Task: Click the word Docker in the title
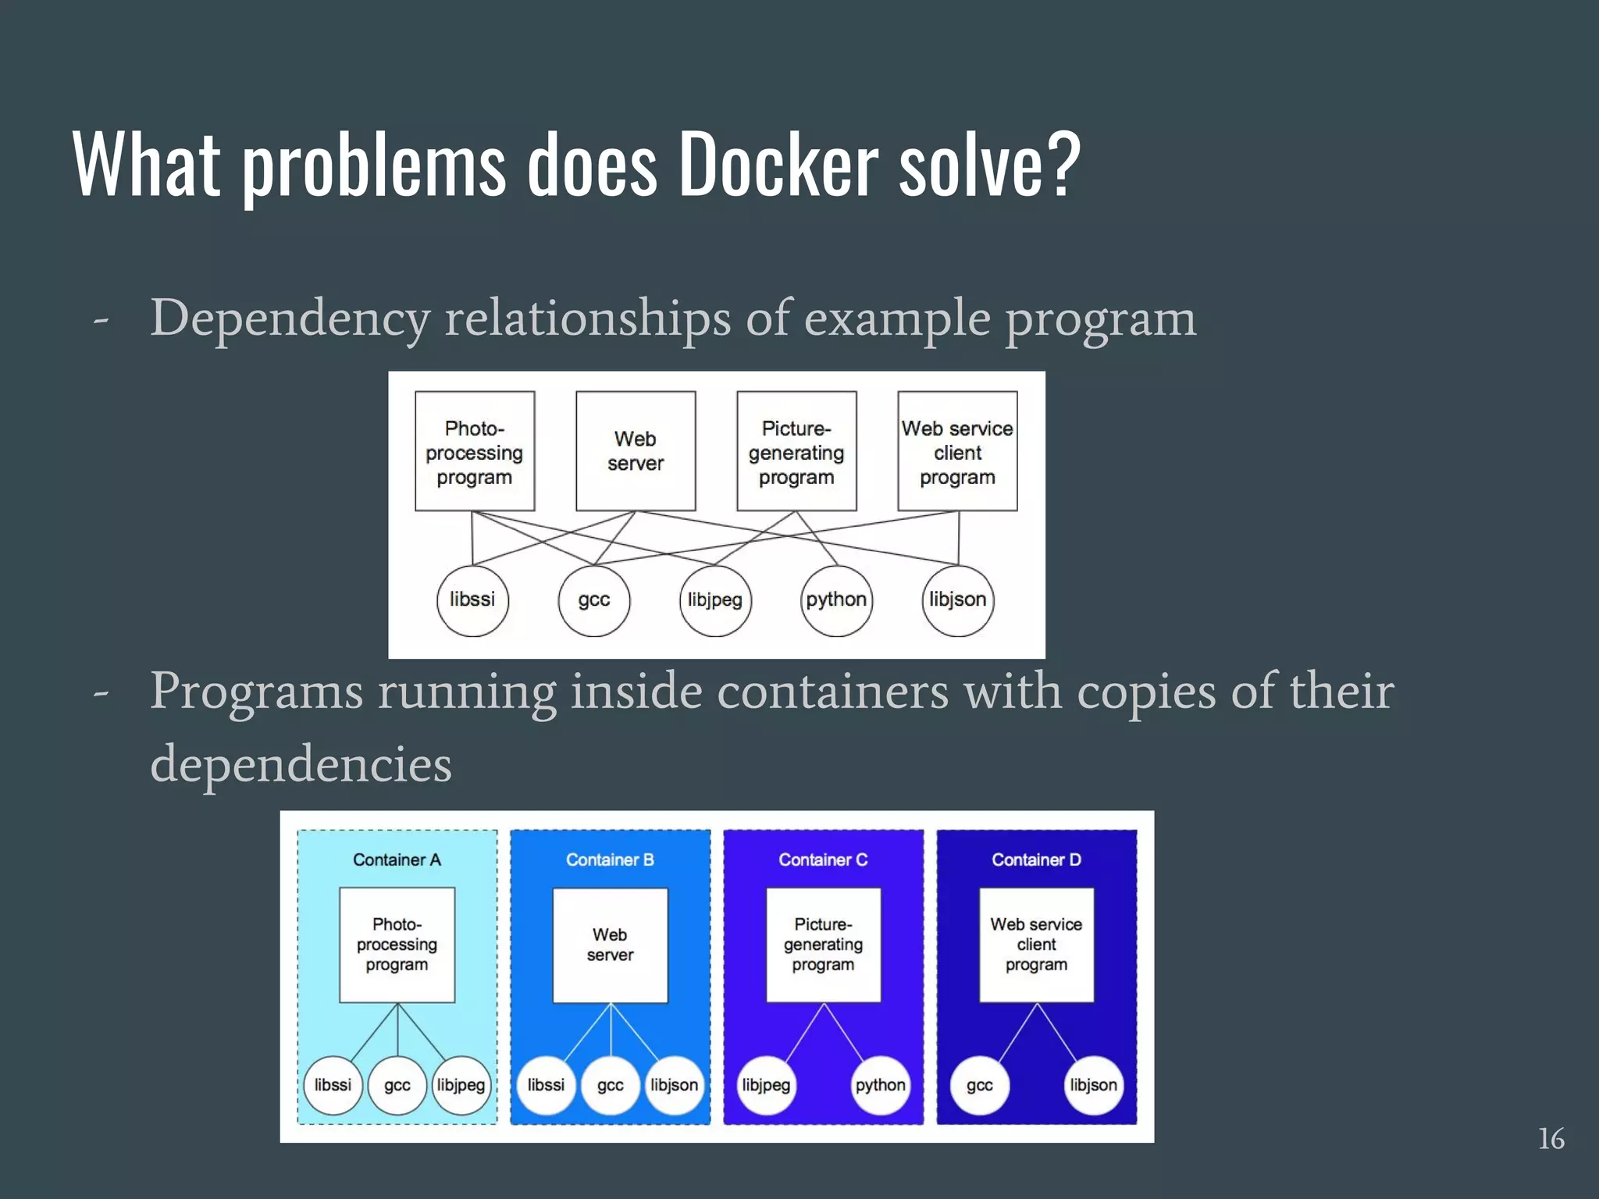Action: point(778,165)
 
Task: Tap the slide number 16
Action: point(1551,1139)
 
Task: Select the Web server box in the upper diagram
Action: point(636,451)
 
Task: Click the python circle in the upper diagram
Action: point(836,600)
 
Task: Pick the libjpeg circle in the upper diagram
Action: point(715,600)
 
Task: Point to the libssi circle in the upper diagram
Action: point(472,600)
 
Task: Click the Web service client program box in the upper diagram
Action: point(957,451)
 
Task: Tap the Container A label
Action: point(397,859)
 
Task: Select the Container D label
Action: point(1036,859)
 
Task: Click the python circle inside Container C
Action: point(880,1085)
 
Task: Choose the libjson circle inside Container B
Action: point(674,1085)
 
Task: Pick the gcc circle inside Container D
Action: point(979,1085)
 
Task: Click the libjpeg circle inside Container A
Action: point(461,1085)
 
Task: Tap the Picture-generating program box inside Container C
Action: point(823,945)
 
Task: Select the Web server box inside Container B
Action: point(610,945)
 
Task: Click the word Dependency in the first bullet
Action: point(290,318)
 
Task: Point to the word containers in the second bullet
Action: point(832,692)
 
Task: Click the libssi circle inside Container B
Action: point(546,1085)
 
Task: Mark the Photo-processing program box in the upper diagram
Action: point(475,451)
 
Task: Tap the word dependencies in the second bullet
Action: point(301,764)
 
